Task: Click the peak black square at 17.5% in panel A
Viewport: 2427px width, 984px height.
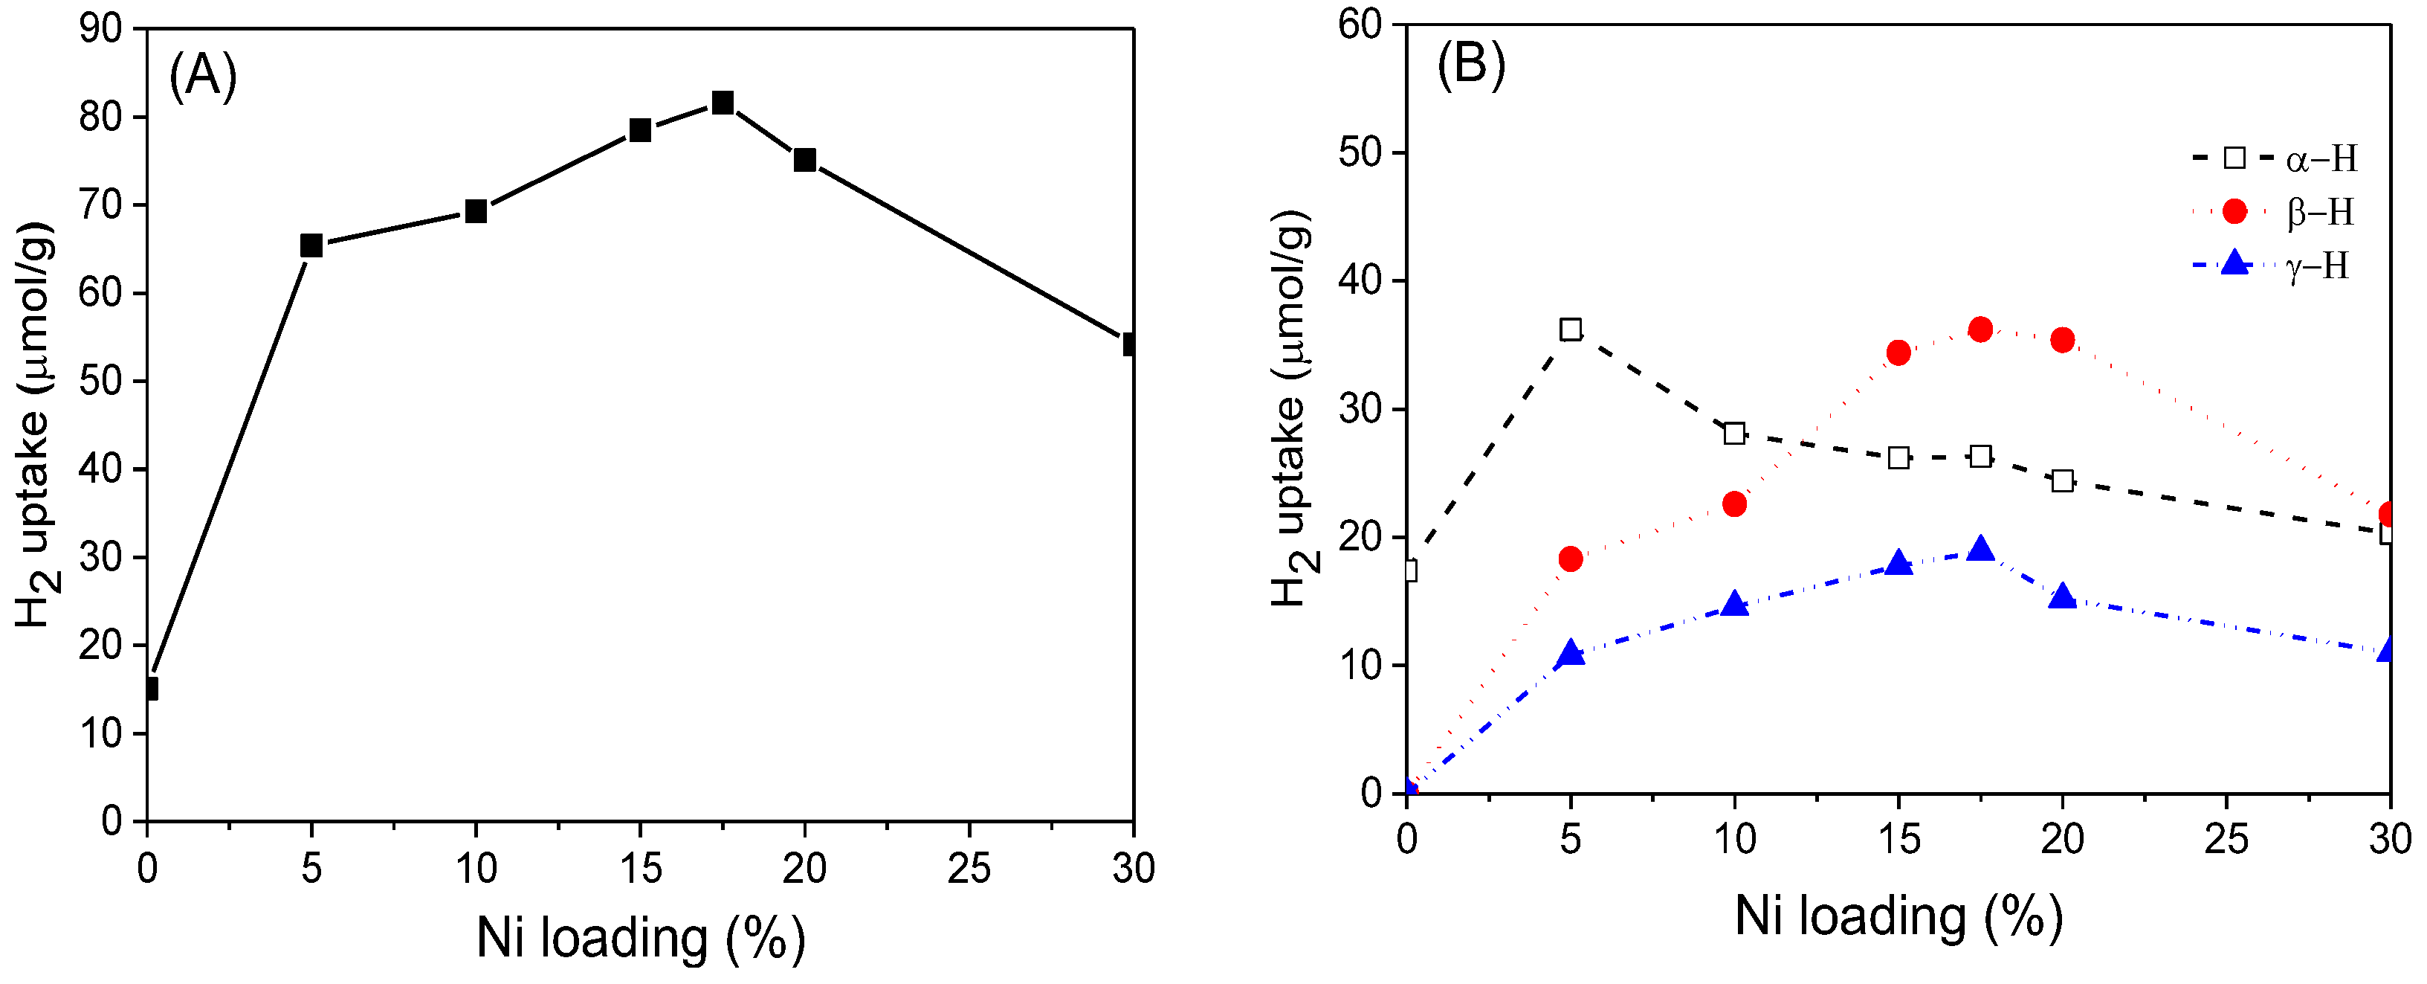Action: pos(723,102)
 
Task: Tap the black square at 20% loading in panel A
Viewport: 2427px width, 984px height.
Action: pos(804,160)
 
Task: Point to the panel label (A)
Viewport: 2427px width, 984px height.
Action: pos(203,75)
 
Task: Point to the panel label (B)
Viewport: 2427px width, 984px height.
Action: pos(1471,64)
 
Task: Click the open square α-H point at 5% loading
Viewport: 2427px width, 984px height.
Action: pos(1571,329)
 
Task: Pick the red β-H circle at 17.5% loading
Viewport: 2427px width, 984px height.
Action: pos(1980,329)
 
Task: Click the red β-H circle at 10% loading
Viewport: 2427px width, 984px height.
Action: pos(1734,504)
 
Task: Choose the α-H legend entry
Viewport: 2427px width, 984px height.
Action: pos(2299,158)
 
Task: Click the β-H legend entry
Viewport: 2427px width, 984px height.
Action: pos(2299,212)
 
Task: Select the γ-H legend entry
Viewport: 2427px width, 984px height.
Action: pos(2299,266)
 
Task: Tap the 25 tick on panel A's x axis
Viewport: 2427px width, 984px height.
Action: pos(969,868)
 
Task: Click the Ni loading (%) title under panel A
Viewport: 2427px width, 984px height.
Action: pos(641,938)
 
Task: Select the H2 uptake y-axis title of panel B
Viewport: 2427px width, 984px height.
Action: pos(1292,410)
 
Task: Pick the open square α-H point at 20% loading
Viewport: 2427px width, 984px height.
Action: pos(2062,480)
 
